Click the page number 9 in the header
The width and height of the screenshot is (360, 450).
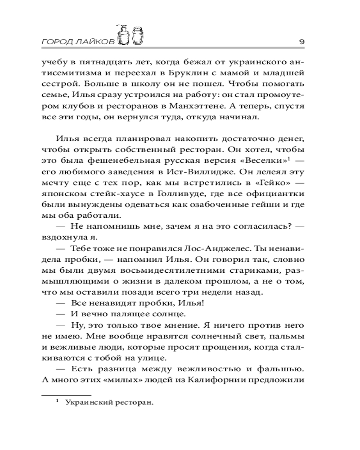(302, 41)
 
